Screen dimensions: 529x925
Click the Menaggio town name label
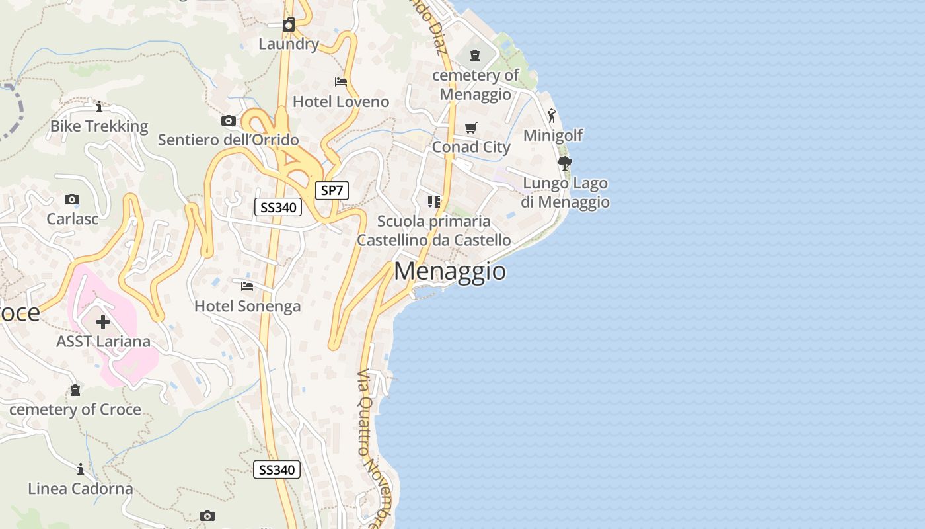coord(450,272)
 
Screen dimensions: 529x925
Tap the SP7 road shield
coord(332,191)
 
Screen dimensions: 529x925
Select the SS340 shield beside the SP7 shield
coord(278,208)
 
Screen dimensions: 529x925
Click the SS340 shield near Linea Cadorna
coord(277,470)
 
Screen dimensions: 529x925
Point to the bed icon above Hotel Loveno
coord(341,82)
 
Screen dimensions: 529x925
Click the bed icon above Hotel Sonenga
coord(247,286)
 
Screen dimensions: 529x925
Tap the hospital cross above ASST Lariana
coord(103,322)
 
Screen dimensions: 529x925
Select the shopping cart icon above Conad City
coord(470,128)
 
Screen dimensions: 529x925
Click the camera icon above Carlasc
coord(72,199)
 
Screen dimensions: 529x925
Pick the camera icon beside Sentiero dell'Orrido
coord(228,120)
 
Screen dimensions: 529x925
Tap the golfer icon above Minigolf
coord(552,116)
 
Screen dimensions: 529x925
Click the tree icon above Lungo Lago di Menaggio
coord(564,163)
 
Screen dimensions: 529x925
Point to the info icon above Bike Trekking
coord(99,106)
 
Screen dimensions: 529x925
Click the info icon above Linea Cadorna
coord(81,469)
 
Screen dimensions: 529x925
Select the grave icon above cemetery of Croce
coord(75,390)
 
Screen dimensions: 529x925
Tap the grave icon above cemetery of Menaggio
coord(475,56)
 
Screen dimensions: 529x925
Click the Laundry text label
coord(289,44)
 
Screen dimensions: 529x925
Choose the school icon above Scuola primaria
coord(433,201)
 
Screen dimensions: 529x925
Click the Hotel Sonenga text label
coord(247,306)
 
